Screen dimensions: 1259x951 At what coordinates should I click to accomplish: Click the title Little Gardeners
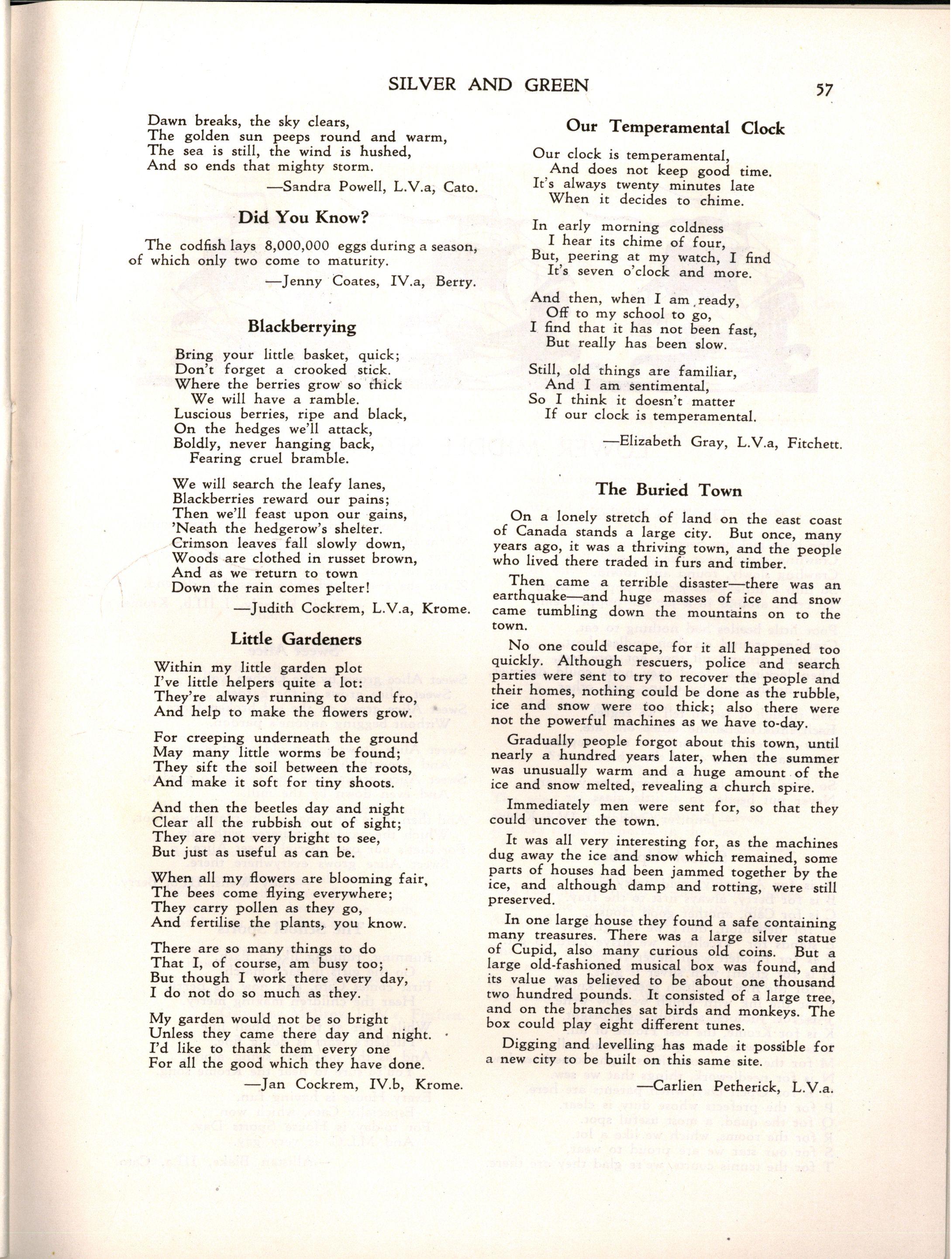296,639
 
